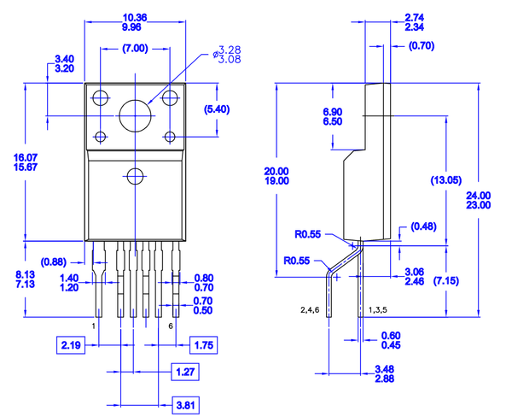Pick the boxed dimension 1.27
184,372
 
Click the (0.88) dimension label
55,261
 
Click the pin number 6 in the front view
172,326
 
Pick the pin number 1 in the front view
94,326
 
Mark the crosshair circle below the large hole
135,177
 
